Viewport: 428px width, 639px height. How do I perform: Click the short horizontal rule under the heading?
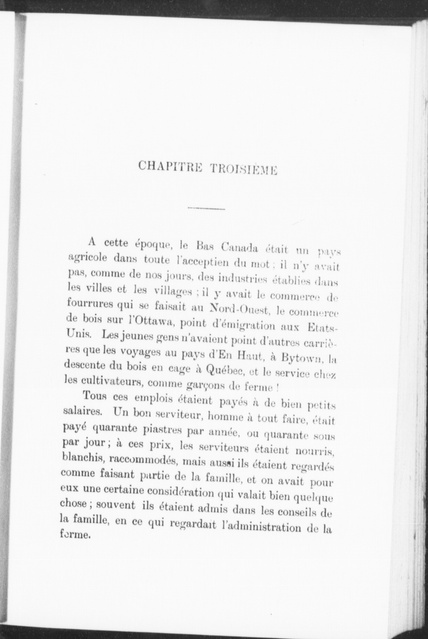pyautogui.click(x=206, y=209)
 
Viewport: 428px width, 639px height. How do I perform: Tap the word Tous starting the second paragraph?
pyautogui.click(x=95, y=396)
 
